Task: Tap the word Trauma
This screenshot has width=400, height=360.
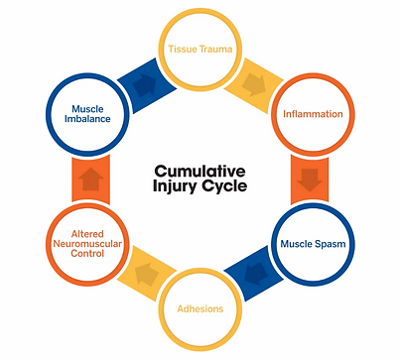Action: pos(215,50)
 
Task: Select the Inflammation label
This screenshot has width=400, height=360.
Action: pos(313,114)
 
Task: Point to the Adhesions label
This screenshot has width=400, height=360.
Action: pos(200,308)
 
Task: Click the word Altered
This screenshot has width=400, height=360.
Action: pos(87,234)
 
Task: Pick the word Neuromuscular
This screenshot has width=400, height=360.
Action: pos(87,244)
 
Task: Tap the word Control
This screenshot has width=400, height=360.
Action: pos(87,254)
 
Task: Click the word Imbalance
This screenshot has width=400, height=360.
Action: pos(87,119)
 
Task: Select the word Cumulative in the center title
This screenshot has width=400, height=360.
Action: pos(200,172)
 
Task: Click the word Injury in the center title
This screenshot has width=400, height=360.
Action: pos(176,186)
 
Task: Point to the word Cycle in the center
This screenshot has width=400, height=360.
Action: pos(224,186)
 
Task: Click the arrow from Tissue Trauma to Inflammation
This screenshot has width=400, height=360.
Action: pos(254,84)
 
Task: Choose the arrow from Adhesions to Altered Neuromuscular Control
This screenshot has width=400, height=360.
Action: pos(147,274)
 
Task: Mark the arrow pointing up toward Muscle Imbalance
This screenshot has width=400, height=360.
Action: pos(90,179)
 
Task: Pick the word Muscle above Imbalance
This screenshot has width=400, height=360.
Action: pos(87,109)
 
